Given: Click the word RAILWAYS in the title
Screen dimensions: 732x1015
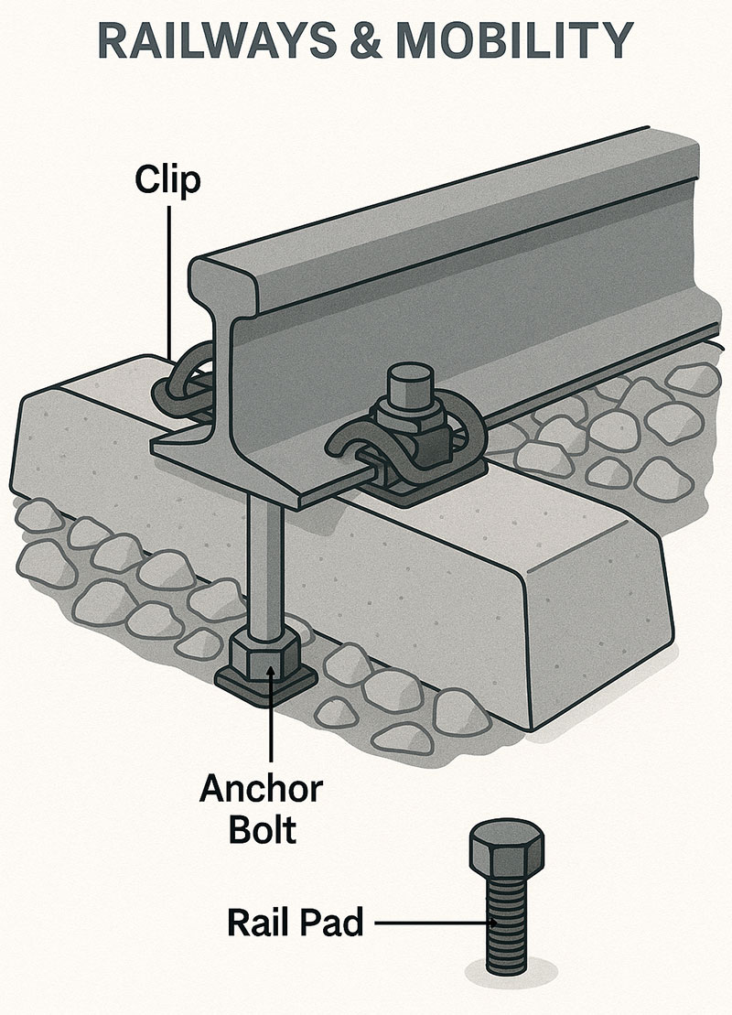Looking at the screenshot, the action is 217,41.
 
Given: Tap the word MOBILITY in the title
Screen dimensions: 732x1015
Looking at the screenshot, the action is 514,41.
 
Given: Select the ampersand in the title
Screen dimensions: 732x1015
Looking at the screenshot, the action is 366,41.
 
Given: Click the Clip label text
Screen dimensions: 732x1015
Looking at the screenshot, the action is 167,180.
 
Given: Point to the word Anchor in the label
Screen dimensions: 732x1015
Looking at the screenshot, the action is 261,788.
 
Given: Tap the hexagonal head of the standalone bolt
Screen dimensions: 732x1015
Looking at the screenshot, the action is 507,850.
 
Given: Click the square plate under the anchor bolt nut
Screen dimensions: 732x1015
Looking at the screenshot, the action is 266,687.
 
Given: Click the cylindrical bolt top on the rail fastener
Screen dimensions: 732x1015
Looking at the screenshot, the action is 410,383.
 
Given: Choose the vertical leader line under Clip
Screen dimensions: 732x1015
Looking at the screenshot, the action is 169,282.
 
